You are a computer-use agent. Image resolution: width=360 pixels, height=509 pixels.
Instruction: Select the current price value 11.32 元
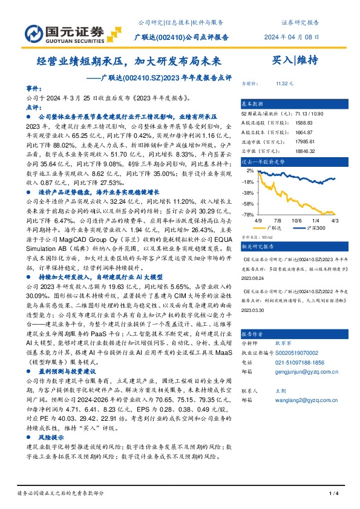pyautogui.click(x=284, y=83)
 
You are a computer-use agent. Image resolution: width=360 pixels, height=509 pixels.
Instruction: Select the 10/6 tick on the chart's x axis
pyautogui.click(x=296, y=221)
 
